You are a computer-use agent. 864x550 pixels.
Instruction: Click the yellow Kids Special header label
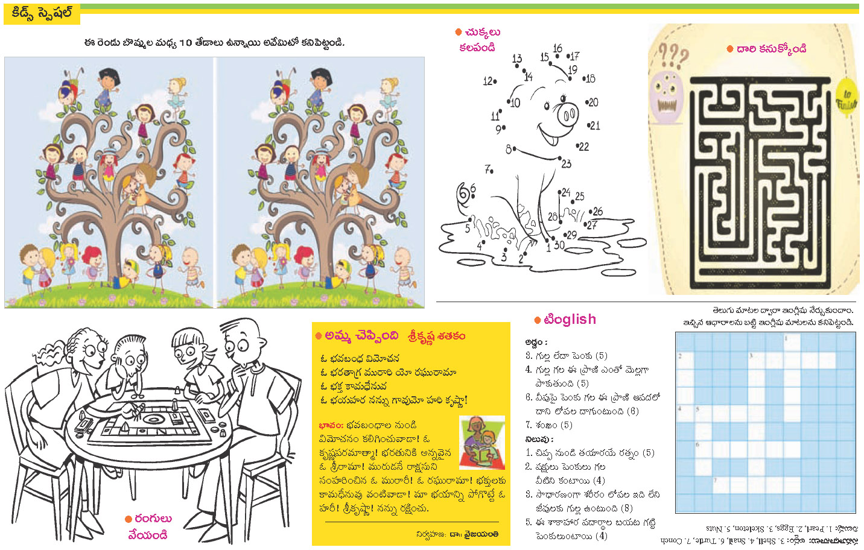pos(42,13)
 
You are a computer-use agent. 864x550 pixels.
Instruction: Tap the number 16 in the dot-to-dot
pos(557,48)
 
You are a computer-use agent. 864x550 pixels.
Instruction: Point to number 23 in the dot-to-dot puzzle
pos(566,163)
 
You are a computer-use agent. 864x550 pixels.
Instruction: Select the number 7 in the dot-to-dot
pos(488,169)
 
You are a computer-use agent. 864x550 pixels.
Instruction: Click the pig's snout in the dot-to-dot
pos(567,115)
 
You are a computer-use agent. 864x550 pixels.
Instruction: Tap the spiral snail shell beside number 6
pos(465,194)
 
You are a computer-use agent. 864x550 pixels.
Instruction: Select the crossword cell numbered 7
pos(720,484)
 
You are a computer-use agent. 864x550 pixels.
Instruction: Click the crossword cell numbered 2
pos(684,360)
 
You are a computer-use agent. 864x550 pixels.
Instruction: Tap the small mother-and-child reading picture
pos(481,443)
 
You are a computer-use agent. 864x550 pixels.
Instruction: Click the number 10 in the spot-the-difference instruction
pos(185,43)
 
